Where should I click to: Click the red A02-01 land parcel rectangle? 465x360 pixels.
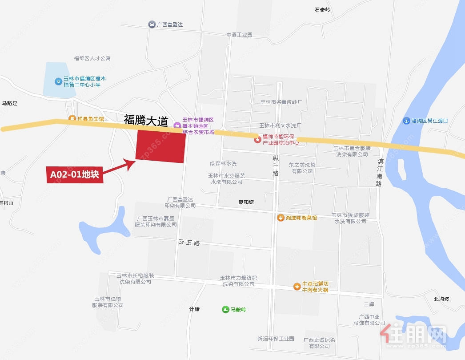[160, 147]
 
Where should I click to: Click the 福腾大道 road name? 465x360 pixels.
[146, 120]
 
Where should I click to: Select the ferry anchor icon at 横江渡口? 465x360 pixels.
[406, 121]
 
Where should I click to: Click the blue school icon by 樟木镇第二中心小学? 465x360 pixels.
[58, 81]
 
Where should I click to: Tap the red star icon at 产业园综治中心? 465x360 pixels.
[257, 140]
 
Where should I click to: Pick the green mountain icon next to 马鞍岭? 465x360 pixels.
[226, 309]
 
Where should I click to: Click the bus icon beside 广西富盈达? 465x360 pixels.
[152, 24]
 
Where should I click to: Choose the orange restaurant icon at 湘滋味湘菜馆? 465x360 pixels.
[281, 218]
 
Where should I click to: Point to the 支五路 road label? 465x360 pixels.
[190, 243]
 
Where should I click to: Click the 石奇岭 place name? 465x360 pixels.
[323, 9]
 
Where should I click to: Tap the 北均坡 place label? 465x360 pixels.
[441, 299]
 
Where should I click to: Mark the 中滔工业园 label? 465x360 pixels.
[239, 35]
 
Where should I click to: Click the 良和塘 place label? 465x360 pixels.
[246, 202]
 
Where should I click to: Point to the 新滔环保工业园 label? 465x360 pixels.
[276, 339]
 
